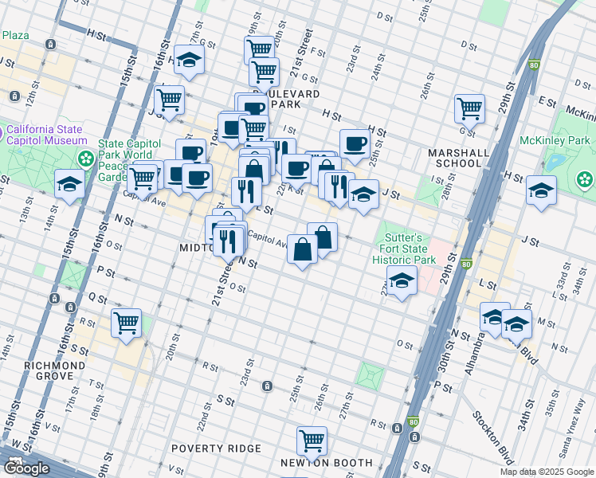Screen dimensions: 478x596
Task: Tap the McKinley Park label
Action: [555, 141]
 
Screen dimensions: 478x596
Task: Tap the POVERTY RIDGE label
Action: [216, 449]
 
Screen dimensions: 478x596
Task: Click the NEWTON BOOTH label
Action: [327, 463]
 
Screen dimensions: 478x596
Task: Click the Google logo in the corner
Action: [26, 468]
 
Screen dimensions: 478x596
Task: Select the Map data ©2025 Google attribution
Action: [546, 472]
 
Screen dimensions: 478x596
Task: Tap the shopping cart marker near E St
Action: [470, 108]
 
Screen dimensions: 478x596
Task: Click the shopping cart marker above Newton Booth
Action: [312, 440]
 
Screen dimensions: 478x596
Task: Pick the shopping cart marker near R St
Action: [127, 323]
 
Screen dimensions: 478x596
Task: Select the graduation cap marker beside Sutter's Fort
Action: [402, 280]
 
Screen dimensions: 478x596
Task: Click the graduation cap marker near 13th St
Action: [69, 183]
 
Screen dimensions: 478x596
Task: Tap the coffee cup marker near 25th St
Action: [355, 143]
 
